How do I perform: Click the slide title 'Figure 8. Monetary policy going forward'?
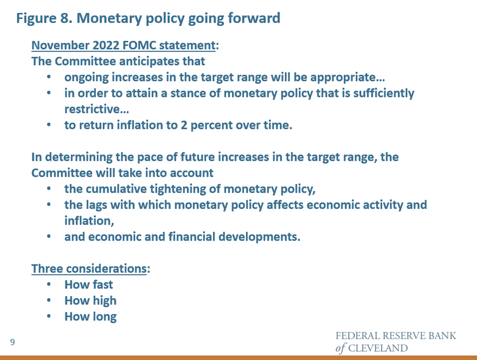coord(148,18)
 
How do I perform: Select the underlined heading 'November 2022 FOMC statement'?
coord(124,45)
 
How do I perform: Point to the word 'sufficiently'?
coord(384,93)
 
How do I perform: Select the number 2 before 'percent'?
coord(184,125)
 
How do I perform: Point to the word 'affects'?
coord(285,205)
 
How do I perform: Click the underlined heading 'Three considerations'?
coord(89,269)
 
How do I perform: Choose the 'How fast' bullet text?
coord(89,284)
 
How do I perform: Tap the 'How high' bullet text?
coord(90,301)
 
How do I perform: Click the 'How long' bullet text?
coord(90,317)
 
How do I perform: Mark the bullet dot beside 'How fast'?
coord(49,284)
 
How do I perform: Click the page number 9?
coord(13,342)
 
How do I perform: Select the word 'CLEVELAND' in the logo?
coord(378,348)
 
